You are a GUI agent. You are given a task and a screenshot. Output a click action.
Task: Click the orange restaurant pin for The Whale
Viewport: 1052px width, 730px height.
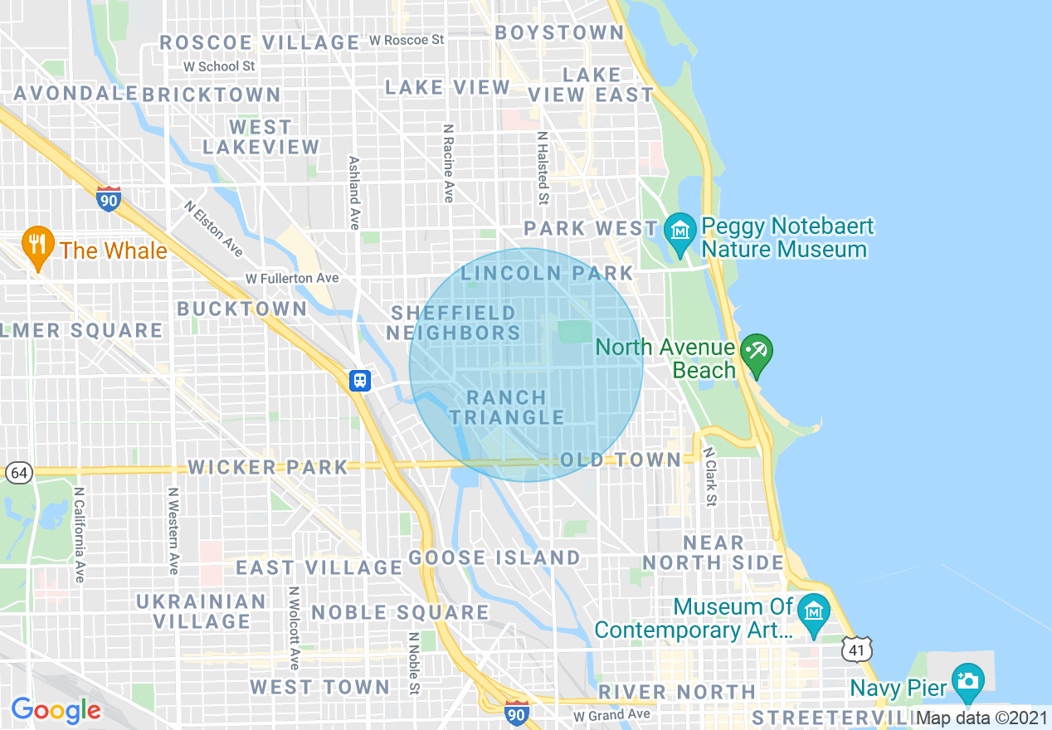point(37,246)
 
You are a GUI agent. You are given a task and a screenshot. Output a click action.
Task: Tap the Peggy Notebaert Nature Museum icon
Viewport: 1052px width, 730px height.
point(680,227)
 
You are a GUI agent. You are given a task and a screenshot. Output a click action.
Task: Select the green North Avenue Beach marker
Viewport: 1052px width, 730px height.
point(756,353)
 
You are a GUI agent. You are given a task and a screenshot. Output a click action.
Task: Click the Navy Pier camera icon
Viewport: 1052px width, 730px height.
point(967,681)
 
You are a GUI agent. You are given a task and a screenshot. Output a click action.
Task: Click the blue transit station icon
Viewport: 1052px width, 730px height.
point(360,381)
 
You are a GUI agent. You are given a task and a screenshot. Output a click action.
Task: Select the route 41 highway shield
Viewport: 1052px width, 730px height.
point(855,650)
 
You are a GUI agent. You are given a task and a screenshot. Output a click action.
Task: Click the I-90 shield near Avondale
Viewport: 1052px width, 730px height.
point(109,199)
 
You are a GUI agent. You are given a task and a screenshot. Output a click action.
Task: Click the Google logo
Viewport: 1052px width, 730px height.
point(56,710)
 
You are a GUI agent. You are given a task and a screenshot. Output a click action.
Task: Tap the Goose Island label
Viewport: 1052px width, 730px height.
point(494,557)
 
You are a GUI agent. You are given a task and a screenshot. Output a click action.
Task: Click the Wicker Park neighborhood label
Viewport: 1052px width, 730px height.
point(268,467)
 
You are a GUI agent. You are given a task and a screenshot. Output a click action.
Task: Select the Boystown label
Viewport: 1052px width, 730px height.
point(559,32)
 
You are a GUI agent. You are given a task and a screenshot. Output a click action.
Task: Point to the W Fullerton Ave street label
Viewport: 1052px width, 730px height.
point(292,278)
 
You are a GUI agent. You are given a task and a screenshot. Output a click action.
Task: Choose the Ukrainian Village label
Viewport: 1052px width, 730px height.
point(202,611)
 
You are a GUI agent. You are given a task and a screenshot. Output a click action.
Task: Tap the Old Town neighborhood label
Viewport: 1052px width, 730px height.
point(620,460)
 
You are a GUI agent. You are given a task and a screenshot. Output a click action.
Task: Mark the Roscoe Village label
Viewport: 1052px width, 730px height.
point(259,42)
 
